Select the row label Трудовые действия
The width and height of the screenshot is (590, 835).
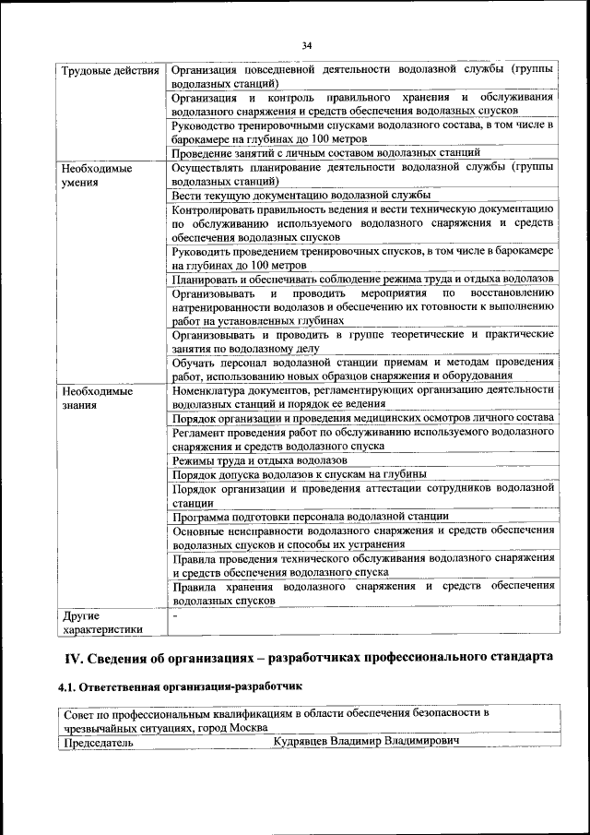[110, 70]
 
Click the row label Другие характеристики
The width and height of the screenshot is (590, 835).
[102, 622]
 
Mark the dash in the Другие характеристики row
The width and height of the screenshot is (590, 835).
[175, 615]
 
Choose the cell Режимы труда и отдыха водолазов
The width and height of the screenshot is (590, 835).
[260, 459]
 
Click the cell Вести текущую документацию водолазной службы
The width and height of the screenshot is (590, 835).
[301, 196]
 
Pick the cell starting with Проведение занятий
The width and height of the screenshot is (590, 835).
[325, 152]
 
